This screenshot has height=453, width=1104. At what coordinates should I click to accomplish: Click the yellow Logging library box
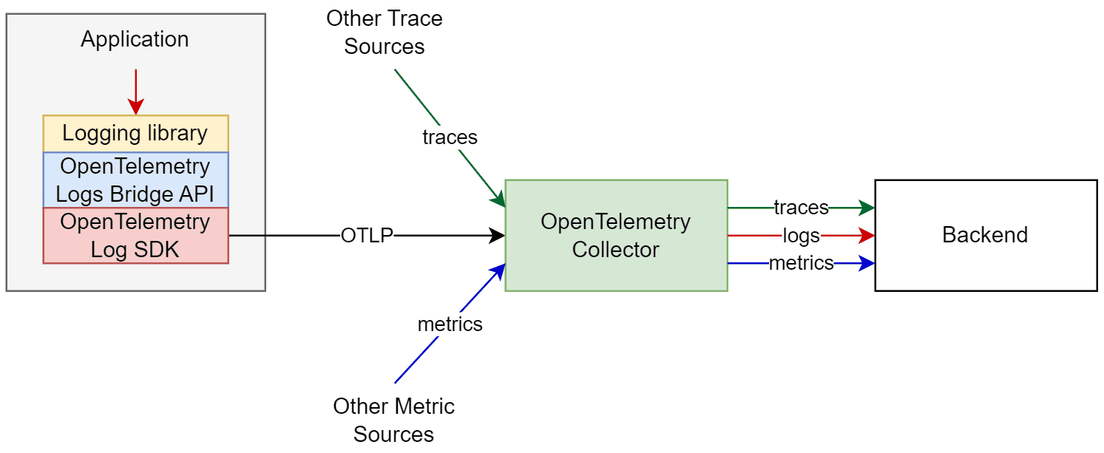(x=135, y=134)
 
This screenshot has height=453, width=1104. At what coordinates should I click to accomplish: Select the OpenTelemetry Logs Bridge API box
(x=135, y=180)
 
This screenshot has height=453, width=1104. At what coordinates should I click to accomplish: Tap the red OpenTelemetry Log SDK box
(x=135, y=236)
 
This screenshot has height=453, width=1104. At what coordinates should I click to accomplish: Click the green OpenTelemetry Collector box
(x=615, y=235)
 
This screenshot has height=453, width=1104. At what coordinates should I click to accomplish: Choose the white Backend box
(x=985, y=235)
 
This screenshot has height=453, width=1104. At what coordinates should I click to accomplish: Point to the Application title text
(x=135, y=39)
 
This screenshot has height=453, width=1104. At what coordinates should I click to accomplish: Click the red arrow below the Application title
(x=135, y=92)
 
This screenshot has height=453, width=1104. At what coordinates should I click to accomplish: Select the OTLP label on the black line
(x=367, y=236)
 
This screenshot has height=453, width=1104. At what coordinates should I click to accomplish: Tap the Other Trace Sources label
(x=385, y=33)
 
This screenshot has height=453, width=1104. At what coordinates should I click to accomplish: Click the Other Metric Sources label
(x=393, y=419)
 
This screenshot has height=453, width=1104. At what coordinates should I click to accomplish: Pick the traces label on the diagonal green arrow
(x=450, y=137)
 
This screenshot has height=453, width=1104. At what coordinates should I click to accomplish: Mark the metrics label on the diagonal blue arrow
(x=450, y=324)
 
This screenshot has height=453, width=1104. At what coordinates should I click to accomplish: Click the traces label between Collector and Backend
(x=801, y=208)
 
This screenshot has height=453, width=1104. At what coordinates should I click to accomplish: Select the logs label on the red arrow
(x=801, y=236)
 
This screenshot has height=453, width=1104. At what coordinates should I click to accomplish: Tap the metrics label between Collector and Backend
(x=801, y=263)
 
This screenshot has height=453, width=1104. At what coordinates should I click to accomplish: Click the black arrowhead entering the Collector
(x=498, y=236)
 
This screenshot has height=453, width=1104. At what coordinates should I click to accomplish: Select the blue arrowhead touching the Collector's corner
(x=500, y=270)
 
